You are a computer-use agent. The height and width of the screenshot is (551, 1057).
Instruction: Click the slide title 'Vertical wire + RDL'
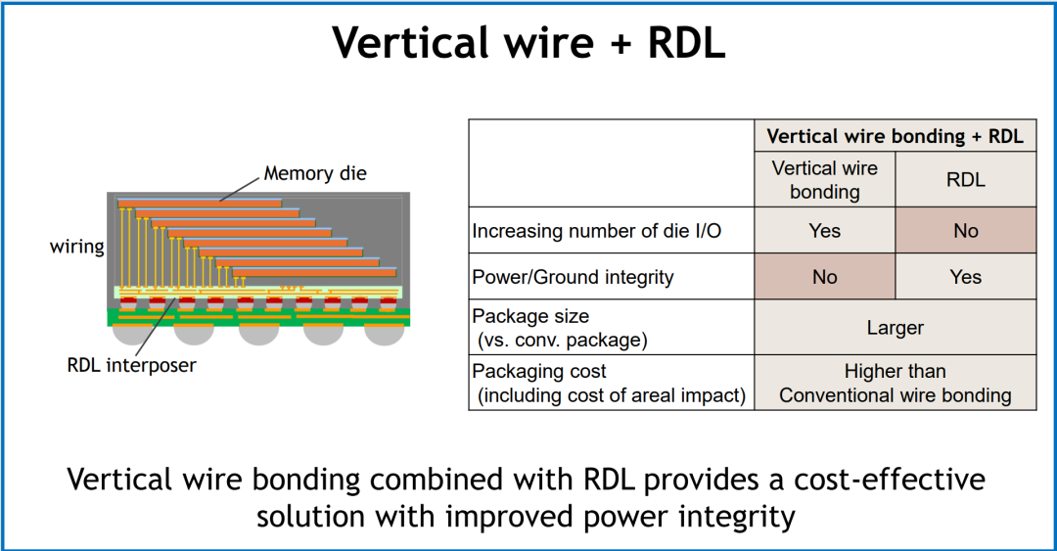[528, 42]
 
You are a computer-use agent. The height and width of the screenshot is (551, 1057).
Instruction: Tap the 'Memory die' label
[315, 173]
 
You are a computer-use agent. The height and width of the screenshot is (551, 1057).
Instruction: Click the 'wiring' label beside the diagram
[77, 247]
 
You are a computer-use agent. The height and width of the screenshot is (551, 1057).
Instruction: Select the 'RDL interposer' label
[131, 365]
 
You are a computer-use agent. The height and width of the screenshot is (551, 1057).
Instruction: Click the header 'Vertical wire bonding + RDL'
[896, 136]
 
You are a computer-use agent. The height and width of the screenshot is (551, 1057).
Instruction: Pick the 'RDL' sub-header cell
[965, 179]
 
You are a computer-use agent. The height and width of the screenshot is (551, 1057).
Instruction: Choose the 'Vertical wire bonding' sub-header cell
[824, 179]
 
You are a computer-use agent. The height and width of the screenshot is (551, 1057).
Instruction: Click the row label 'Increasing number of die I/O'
[597, 231]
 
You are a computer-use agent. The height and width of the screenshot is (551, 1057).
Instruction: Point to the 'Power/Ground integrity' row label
[573, 277]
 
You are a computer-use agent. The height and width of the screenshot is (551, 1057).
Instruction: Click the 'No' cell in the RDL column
[965, 231]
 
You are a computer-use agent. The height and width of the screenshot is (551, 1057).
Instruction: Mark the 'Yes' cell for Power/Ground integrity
[965, 277]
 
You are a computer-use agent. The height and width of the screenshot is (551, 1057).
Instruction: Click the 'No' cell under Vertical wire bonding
[824, 277]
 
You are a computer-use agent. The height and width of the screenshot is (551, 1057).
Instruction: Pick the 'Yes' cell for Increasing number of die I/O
[824, 231]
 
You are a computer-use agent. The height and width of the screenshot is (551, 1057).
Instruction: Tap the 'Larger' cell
[896, 328]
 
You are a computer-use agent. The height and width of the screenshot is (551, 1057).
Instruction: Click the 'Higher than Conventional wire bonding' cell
[896, 383]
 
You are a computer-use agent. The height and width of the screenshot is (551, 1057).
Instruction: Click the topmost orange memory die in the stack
[200, 203]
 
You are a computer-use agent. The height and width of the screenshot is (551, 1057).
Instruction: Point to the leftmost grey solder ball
[131, 335]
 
